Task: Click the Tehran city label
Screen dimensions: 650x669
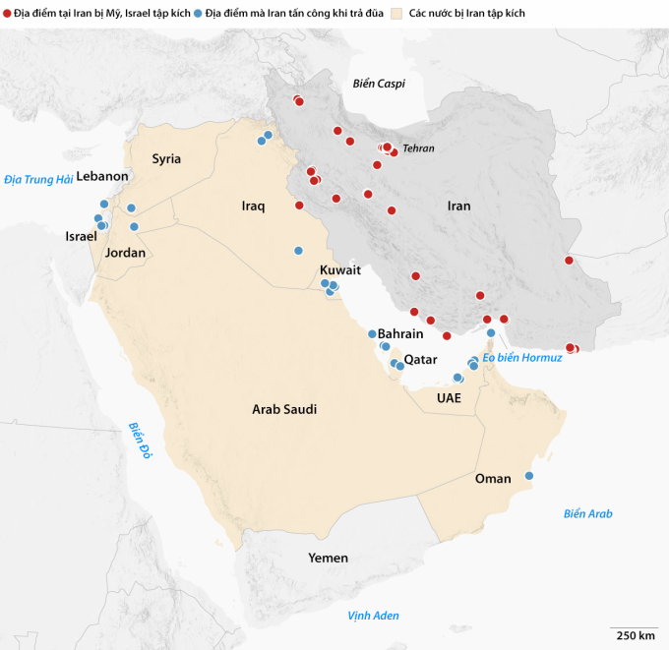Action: click(x=417, y=148)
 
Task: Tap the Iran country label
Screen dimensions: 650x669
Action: click(x=458, y=207)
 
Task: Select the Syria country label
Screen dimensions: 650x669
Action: click(x=166, y=158)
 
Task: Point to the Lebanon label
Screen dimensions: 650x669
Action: click(x=102, y=176)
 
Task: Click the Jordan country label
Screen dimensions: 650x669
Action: click(x=125, y=253)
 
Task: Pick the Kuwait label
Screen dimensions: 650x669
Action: click(x=340, y=269)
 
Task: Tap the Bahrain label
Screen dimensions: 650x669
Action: click(x=400, y=334)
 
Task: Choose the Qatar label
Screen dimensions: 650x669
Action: click(x=420, y=359)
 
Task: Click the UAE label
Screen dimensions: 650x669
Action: click(x=449, y=398)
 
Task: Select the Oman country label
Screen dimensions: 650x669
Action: click(x=493, y=479)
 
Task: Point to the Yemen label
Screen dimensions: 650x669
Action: click(x=328, y=558)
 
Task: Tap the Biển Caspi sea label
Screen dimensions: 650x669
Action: click(x=379, y=84)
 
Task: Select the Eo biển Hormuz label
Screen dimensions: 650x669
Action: click(x=522, y=357)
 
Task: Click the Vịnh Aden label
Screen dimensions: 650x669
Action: click(x=373, y=616)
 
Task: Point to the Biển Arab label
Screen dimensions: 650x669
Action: click(x=588, y=513)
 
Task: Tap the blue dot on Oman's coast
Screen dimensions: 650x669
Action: click(x=529, y=476)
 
